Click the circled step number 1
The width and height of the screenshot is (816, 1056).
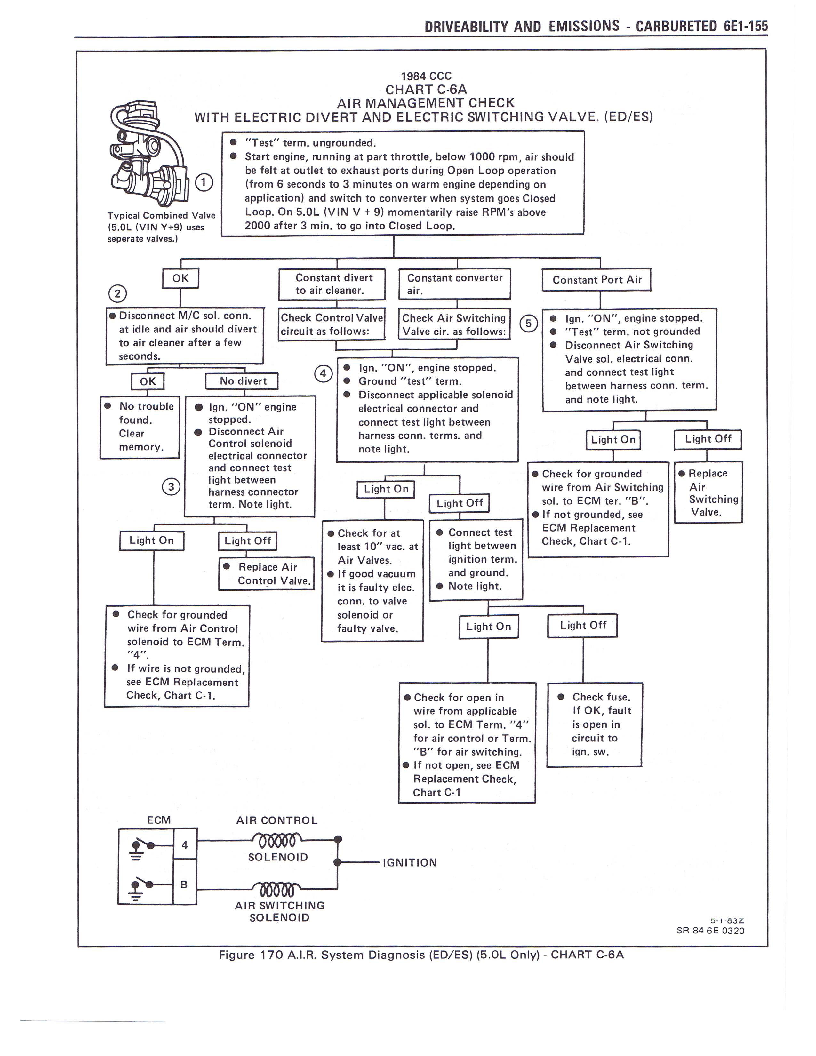(x=204, y=182)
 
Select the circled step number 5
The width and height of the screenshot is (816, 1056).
(x=528, y=323)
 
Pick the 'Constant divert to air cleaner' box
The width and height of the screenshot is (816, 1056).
(x=332, y=284)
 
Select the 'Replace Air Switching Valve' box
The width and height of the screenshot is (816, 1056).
(x=708, y=492)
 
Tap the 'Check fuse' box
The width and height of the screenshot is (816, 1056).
(x=595, y=724)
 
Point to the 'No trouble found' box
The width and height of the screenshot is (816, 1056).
(x=140, y=427)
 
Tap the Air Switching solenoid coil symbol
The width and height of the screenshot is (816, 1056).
(x=276, y=889)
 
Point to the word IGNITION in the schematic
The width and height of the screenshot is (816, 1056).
(x=410, y=863)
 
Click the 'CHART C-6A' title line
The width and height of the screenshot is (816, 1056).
(x=426, y=90)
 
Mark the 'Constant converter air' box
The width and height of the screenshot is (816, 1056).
(x=454, y=284)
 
